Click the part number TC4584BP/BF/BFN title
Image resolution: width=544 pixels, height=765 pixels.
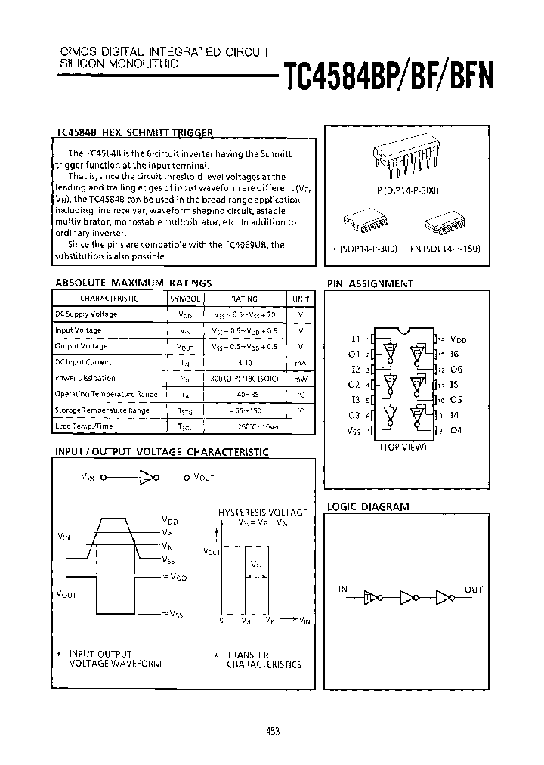tap(388, 76)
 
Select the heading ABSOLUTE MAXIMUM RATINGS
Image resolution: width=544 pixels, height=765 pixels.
tap(133, 283)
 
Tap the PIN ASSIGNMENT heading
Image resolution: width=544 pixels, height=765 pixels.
tap(369, 283)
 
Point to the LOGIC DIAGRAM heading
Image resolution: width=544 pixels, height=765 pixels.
tap(367, 506)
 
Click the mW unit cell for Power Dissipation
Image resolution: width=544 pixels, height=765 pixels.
tap(301, 378)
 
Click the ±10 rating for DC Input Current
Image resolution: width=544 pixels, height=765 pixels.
tap(241, 362)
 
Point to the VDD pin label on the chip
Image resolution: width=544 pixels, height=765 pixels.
tap(457, 340)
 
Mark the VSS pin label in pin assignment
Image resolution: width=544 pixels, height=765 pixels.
tap(354, 431)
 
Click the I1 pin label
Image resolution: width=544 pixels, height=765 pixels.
tap(356, 339)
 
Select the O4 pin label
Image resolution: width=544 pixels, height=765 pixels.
tap(456, 431)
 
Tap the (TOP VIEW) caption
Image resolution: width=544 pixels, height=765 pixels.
tap(403, 448)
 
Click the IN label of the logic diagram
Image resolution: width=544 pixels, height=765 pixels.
tap(344, 589)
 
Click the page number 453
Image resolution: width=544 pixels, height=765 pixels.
tap(274, 731)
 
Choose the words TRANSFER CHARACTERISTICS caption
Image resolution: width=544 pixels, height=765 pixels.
tap(263, 660)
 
